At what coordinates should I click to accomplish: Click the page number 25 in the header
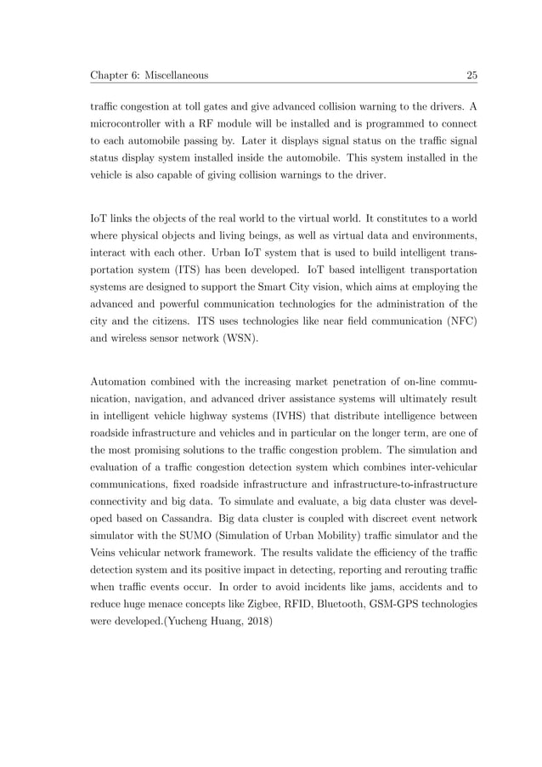pyautogui.click(x=471, y=77)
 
